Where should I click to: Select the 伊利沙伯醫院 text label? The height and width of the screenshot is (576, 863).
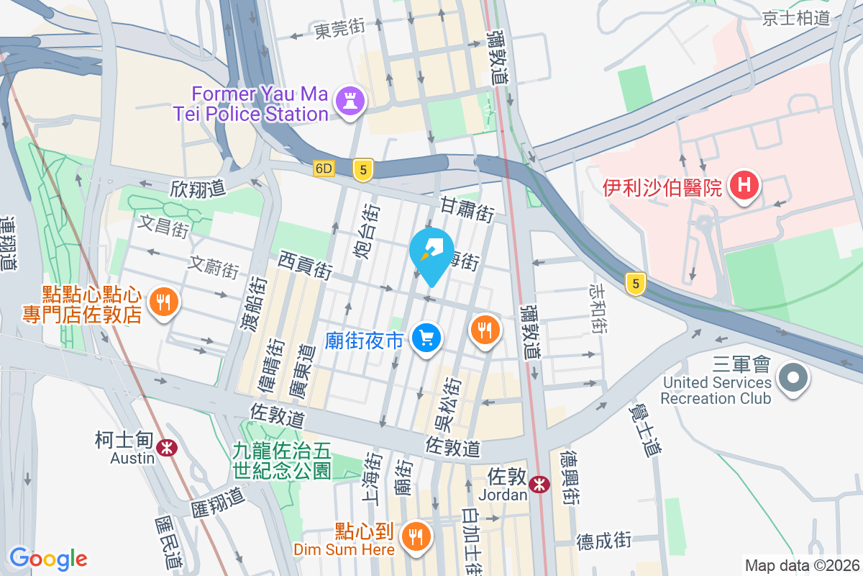(662, 189)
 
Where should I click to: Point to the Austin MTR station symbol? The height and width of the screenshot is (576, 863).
(167, 447)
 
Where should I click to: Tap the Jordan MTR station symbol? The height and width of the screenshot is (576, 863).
(538, 485)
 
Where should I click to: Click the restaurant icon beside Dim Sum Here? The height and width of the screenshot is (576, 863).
(415, 536)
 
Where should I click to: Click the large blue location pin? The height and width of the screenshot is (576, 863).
(431, 254)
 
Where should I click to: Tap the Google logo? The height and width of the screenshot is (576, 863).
(48, 558)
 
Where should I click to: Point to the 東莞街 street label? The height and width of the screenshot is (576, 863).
(339, 30)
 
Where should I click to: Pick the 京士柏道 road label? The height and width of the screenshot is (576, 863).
(796, 18)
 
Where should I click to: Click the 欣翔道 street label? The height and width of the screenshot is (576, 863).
(198, 189)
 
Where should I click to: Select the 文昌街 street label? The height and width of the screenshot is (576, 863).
(165, 227)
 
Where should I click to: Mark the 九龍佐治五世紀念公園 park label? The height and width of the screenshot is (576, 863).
(281, 461)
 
